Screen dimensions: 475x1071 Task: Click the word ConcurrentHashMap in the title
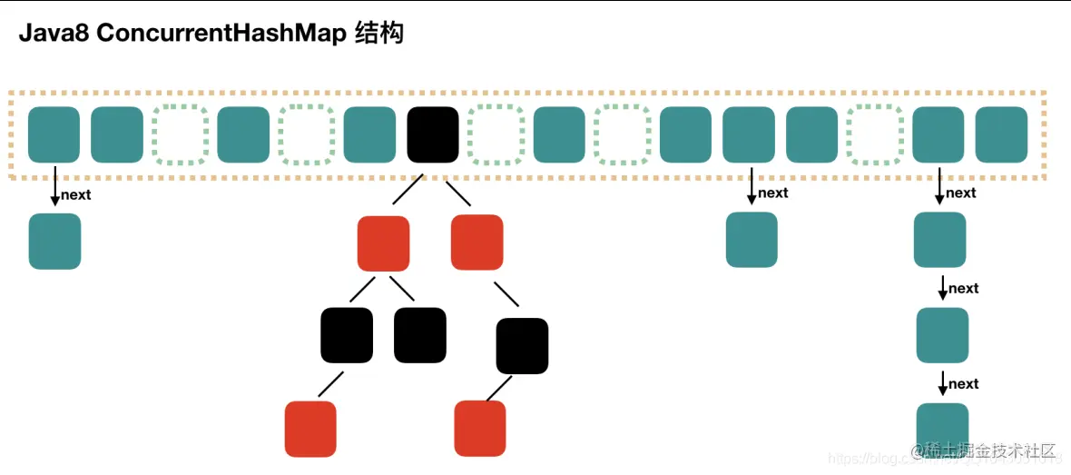point(221,34)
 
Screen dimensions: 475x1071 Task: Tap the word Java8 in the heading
point(54,34)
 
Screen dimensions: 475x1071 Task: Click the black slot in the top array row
point(433,135)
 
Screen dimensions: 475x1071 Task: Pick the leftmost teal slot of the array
point(54,135)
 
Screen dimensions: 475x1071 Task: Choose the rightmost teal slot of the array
point(1001,135)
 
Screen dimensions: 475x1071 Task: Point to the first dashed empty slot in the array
point(180,135)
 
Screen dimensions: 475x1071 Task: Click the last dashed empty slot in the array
point(875,135)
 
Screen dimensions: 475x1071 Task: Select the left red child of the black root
point(383,243)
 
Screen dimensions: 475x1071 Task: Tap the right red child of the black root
point(477,242)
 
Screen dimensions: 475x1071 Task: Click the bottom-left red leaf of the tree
point(310,429)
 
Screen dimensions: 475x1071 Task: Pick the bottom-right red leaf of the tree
point(479,429)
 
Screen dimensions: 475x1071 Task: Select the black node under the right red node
point(522,346)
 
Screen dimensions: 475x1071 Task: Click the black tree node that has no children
point(420,335)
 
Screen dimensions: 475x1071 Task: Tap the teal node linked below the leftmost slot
point(54,241)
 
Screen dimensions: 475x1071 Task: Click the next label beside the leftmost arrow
point(76,194)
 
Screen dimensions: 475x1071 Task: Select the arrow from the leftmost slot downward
point(54,185)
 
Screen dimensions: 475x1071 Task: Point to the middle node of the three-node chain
point(942,335)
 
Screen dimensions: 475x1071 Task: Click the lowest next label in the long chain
point(963,384)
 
